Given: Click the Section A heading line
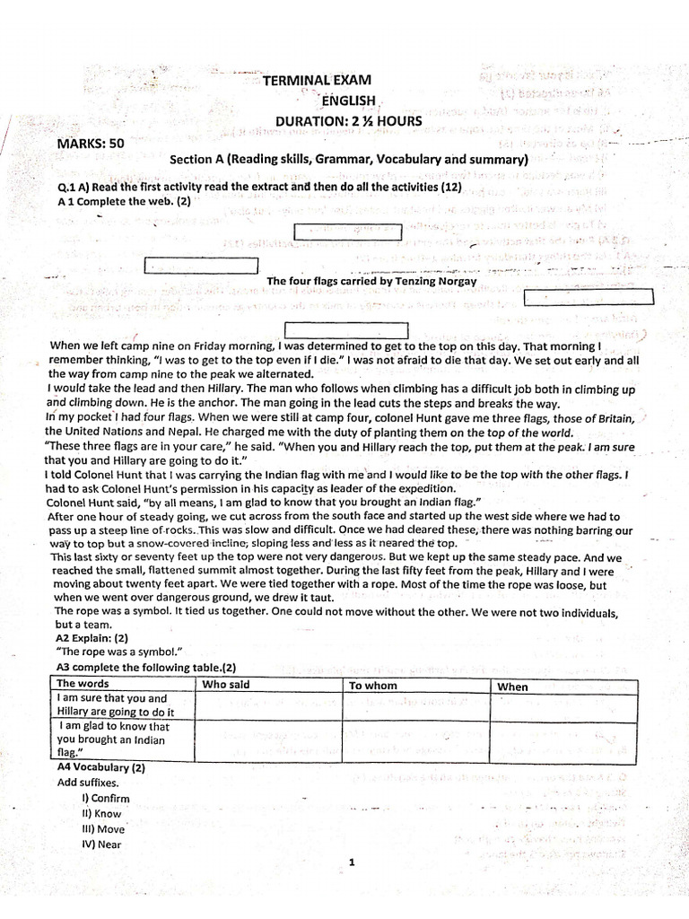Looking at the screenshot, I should (x=349, y=160).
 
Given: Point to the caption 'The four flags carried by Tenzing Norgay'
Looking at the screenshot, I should (x=372, y=281).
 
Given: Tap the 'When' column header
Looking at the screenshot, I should (x=513, y=687).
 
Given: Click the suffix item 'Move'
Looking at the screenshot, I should (x=102, y=828).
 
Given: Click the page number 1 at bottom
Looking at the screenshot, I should (x=353, y=862).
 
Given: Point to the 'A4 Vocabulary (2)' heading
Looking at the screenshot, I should (x=100, y=768).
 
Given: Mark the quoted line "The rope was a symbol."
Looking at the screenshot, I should (x=112, y=652).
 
